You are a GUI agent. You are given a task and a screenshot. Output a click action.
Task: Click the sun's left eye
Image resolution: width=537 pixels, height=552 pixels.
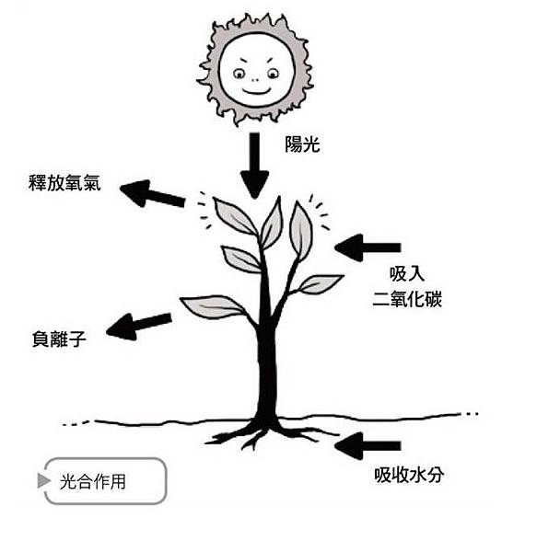[239, 74]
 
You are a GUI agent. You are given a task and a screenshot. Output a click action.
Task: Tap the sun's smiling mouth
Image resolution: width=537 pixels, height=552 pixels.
[256, 91]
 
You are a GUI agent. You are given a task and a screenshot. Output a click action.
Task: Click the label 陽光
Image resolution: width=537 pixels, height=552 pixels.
[302, 144]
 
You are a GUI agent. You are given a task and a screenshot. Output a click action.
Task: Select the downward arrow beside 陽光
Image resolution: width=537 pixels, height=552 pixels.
[254, 166]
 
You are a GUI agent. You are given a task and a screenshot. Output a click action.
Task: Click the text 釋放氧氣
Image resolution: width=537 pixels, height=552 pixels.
[64, 183]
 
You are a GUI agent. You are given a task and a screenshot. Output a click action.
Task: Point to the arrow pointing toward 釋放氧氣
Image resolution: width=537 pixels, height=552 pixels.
[152, 193]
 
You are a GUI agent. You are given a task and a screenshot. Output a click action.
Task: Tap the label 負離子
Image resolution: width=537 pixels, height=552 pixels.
[59, 339]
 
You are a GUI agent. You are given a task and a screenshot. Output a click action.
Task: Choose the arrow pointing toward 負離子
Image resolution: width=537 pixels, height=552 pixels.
[138, 327]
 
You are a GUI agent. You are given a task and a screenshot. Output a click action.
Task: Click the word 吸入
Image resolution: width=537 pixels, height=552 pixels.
[407, 274]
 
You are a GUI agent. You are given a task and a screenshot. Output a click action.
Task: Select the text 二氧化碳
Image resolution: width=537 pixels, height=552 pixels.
[407, 299]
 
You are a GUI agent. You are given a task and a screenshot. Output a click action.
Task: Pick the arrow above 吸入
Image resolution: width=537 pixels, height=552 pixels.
[368, 247]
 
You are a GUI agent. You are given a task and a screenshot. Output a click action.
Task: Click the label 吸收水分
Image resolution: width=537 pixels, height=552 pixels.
[409, 475]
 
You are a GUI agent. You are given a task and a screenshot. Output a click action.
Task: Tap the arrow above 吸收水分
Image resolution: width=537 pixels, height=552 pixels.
[368, 446]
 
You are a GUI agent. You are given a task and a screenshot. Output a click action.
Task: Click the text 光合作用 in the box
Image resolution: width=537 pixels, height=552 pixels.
[93, 481]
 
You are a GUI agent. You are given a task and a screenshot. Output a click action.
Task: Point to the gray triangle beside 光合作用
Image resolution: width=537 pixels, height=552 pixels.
[43, 481]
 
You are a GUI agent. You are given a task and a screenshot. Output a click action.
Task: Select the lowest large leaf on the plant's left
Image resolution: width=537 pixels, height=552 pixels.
[213, 306]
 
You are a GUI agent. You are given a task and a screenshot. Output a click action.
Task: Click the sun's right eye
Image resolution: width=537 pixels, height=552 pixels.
[273, 74]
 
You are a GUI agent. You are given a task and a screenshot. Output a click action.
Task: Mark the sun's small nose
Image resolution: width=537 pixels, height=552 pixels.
[255, 80]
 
